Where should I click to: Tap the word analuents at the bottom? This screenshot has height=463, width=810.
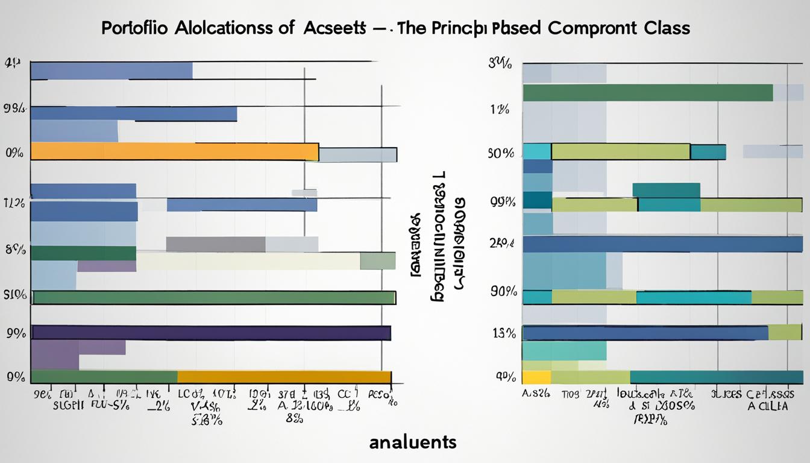coord(412,442)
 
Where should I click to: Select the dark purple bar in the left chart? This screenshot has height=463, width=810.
coord(211,333)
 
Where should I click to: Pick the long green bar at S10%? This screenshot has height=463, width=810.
coord(214,297)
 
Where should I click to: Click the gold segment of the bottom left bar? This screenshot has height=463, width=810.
coord(284,377)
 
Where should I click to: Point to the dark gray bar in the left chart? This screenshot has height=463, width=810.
coord(215,244)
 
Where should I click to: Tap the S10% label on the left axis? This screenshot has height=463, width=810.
coord(15,295)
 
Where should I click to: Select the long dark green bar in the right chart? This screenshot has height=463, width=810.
coord(647,93)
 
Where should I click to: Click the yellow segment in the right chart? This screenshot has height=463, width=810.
coord(536,377)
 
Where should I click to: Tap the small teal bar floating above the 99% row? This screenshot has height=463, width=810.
coord(666,190)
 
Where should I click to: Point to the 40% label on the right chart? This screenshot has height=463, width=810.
coord(504,377)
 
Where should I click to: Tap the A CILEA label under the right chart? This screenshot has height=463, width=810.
coord(767,407)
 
